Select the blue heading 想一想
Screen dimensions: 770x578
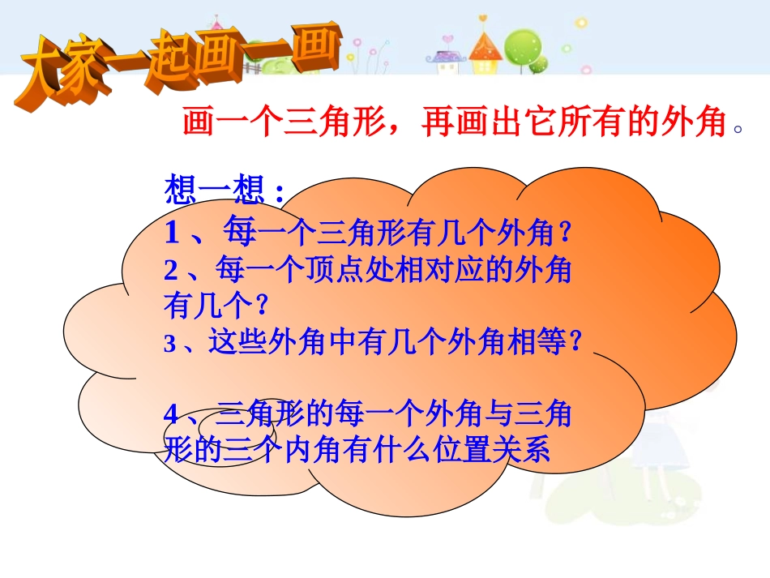[x=215, y=189]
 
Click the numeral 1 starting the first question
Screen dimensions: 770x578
[x=172, y=232]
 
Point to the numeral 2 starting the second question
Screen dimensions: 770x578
[x=170, y=270]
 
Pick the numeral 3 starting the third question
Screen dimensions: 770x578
[x=170, y=343]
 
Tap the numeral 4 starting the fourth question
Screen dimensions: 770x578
[x=171, y=414]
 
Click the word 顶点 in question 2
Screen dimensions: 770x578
[x=335, y=270]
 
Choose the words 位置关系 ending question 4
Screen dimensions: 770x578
[x=491, y=450]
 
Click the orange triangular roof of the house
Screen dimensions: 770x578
[x=486, y=46]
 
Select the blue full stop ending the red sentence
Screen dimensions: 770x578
[x=738, y=130]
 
